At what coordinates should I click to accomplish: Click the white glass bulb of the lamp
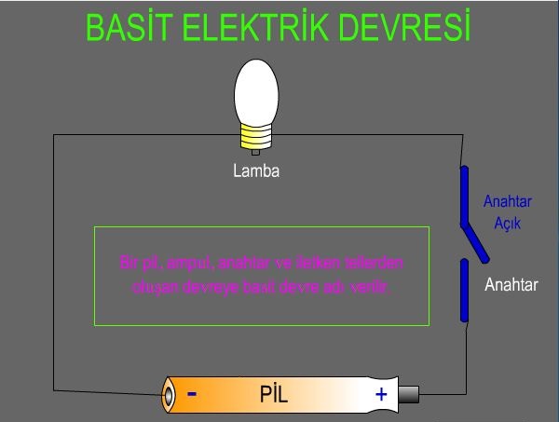tap(257, 89)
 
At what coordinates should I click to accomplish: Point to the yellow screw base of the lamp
tap(255, 141)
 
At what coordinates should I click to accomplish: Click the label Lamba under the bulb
tap(256, 171)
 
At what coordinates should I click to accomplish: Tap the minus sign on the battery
tap(192, 393)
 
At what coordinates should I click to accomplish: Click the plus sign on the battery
tap(381, 394)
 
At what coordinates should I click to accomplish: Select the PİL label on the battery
tap(274, 394)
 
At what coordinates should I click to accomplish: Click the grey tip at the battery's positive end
tap(411, 394)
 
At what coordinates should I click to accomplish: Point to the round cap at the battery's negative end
tap(169, 394)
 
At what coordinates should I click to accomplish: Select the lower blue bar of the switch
tap(464, 291)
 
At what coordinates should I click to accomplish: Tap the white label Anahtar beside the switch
tap(511, 286)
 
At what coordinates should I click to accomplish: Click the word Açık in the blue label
tap(508, 224)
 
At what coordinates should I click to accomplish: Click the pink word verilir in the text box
tap(375, 287)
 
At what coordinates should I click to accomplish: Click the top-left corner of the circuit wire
tap(54, 135)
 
